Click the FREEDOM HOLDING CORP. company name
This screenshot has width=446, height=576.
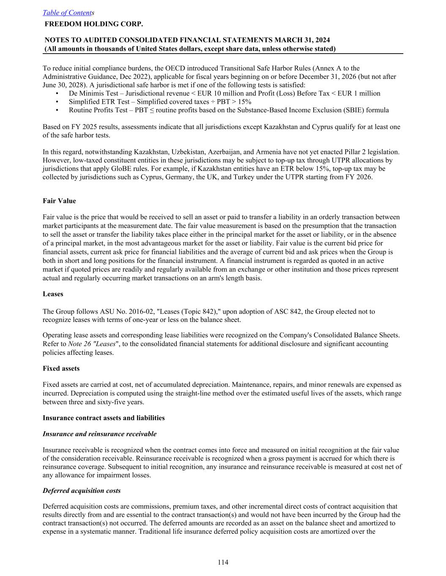pos(93,24)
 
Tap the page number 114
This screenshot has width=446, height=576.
pos(223,562)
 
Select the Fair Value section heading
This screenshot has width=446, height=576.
pos(59,201)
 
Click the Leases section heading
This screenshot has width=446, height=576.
pos(53,294)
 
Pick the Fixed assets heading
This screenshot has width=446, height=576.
pos(61,368)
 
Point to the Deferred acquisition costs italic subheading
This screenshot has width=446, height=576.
pos(82,491)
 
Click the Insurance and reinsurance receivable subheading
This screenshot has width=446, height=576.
pos(99,434)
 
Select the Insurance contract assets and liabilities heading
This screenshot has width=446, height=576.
pos(104,418)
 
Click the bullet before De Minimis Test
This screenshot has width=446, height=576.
pos(57,94)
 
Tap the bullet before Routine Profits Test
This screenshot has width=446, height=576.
pos(57,111)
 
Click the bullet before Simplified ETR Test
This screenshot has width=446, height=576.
pos(57,102)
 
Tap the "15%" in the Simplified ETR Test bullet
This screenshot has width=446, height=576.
pos(244,102)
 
